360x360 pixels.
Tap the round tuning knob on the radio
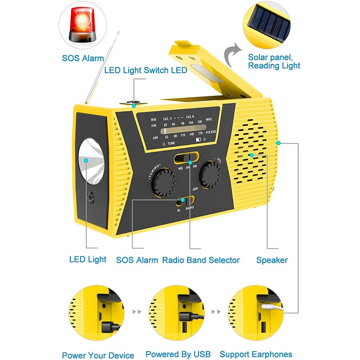point(163,181)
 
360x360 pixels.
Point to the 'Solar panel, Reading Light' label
point(274,62)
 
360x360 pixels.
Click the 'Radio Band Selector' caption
point(201,260)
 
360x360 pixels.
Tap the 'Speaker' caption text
point(272,260)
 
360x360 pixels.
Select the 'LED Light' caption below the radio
point(88,259)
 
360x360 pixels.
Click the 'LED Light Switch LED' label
point(145,70)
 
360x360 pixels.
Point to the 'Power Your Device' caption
point(98,355)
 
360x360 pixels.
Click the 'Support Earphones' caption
point(256,355)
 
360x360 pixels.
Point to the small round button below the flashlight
point(91,197)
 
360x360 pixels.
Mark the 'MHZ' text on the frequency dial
point(209,119)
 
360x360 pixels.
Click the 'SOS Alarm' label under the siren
point(83,58)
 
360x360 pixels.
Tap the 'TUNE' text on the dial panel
point(171,143)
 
